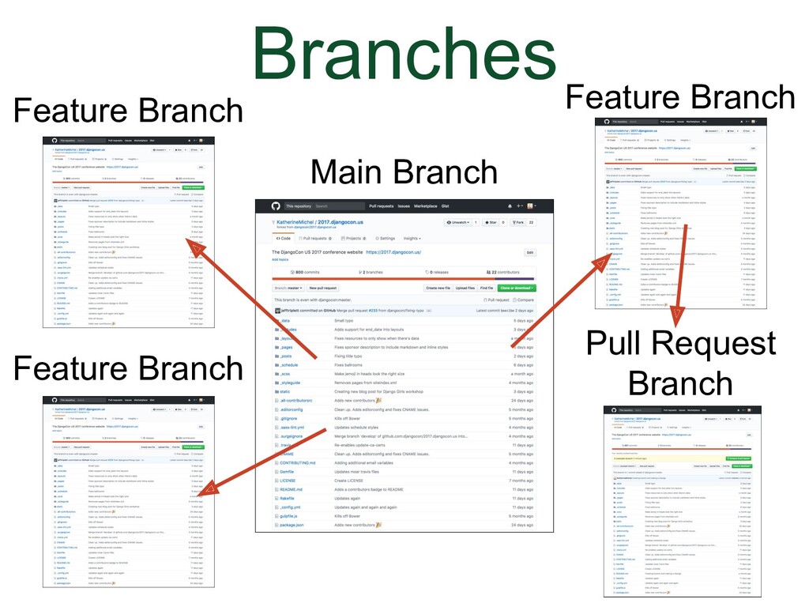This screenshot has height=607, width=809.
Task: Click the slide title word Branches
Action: coord(404,54)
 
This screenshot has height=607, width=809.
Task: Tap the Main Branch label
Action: coord(404,173)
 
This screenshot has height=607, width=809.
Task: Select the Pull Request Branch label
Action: coord(680,364)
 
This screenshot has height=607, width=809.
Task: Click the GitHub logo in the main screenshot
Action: coord(275,206)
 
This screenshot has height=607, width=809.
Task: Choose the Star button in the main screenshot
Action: coord(491,223)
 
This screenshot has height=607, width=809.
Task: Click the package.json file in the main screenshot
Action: coord(292,525)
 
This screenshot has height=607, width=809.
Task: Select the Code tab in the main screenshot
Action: coord(282,238)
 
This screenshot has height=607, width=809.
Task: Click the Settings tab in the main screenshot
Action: coord(385,238)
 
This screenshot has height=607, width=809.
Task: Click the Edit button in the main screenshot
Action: coord(530,253)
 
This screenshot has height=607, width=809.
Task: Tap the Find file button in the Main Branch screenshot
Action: coord(487,288)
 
